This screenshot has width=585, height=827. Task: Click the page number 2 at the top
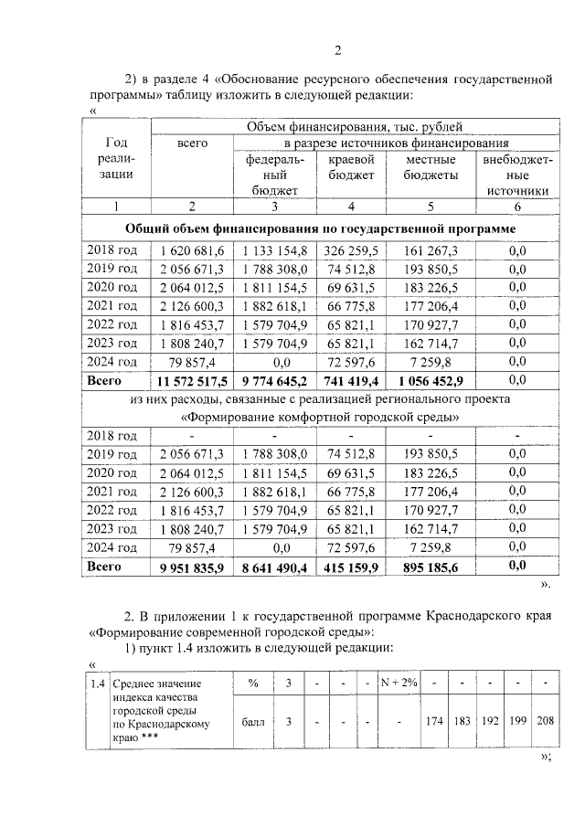click(x=337, y=49)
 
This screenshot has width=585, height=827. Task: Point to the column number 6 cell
click(x=517, y=207)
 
